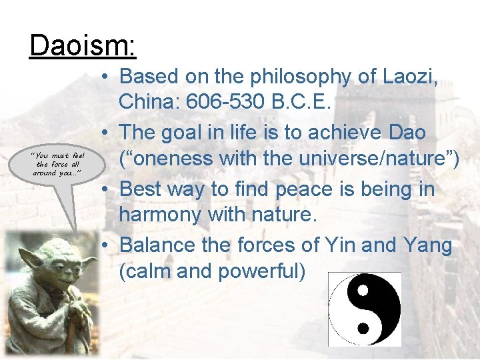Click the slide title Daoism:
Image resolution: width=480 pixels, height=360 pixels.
pyautogui.click(x=83, y=46)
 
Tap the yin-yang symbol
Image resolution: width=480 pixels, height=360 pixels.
pyautogui.click(x=365, y=309)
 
